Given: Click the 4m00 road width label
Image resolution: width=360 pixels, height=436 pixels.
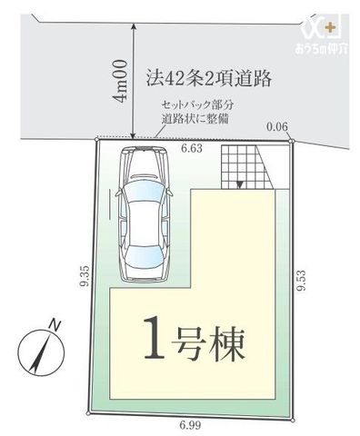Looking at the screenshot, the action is click(119, 81).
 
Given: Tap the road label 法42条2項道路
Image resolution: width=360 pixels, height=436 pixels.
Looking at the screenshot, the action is click(209, 78).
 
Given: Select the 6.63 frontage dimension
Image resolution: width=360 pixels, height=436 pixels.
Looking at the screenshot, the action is click(192, 149).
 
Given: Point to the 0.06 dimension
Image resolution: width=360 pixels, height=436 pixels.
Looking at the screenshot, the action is click(277, 126).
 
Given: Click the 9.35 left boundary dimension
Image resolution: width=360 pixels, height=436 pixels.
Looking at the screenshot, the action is click(85, 275).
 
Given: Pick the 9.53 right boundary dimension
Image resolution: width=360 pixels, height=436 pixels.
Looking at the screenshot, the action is click(302, 280).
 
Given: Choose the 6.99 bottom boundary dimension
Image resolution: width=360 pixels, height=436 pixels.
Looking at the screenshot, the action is click(190, 425).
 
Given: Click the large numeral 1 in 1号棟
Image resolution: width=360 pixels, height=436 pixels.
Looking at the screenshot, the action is click(155, 338).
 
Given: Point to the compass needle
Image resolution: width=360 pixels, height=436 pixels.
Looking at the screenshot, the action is click(40, 353).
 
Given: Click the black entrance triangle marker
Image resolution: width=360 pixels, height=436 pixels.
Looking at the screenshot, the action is click(239, 184).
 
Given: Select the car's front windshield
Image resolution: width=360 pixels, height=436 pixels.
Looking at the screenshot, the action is click(143, 192).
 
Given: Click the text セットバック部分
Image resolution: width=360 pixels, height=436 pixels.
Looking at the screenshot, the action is click(198, 105).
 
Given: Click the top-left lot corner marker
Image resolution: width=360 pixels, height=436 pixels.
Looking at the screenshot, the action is click(96, 139).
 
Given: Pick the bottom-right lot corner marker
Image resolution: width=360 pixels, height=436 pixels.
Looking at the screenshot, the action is click(293, 421).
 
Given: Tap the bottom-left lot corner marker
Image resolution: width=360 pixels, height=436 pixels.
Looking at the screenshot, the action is click(88, 413).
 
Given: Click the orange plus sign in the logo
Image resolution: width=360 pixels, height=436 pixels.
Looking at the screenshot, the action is click(330, 28).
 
